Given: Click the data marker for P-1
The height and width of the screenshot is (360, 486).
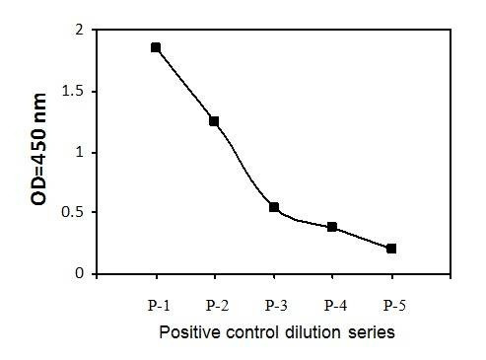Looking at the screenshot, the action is [156, 47].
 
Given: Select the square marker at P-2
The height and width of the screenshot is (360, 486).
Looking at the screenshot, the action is [214, 121].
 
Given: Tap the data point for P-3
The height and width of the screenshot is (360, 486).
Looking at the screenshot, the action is [274, 207].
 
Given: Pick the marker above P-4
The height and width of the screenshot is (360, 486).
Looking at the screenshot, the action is [332, 227].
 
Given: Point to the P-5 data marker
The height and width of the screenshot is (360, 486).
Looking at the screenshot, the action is [391, 249].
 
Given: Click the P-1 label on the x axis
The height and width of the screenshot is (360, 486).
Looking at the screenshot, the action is [159, 306].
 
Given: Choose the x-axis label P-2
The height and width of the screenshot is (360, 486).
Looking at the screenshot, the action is [217, 306].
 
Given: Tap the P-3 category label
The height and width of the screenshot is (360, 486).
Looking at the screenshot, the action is [276, 306].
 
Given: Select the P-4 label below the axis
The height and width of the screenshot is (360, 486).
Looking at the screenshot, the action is [335, 306].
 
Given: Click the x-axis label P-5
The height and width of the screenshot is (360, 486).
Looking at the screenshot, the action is [394, 306].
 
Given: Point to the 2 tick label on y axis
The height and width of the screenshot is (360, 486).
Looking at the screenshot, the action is [80, 31].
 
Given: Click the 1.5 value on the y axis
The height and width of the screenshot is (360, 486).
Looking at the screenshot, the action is [73, 92].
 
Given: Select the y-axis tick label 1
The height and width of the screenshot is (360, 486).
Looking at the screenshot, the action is [80, 153].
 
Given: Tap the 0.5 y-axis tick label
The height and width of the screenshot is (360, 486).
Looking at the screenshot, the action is [73, 212].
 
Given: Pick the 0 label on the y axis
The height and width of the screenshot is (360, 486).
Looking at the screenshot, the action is [80, 273].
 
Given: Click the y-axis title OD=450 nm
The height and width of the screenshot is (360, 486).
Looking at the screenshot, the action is [38, 149].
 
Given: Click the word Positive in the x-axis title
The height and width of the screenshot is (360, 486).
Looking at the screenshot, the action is [190, 332].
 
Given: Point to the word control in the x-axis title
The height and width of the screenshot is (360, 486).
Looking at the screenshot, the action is [251, 332].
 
